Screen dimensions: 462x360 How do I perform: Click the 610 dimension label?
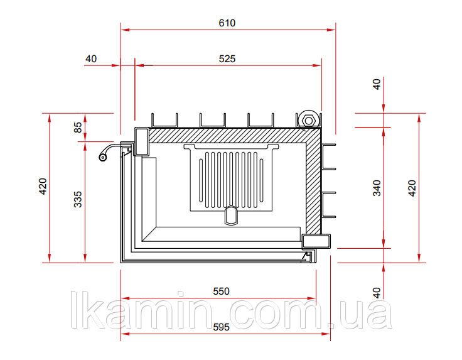(x=227, y=23)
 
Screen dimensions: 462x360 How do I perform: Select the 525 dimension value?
(x=227, y=59)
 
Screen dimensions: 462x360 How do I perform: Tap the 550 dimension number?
(x=221, y=292)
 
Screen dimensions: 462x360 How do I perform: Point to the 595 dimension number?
(x=221, y=327)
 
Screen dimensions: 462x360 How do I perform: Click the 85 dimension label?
(x=78, y=128)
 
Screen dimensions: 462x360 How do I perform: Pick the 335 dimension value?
(x=78, y=199)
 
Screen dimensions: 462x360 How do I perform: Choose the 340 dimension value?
(x=377, y=188)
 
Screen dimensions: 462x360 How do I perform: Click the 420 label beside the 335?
(x=43, y=187)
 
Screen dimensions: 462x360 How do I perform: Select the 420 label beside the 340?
(x=412, y=188)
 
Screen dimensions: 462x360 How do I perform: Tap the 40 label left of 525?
(x=91, y=59)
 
